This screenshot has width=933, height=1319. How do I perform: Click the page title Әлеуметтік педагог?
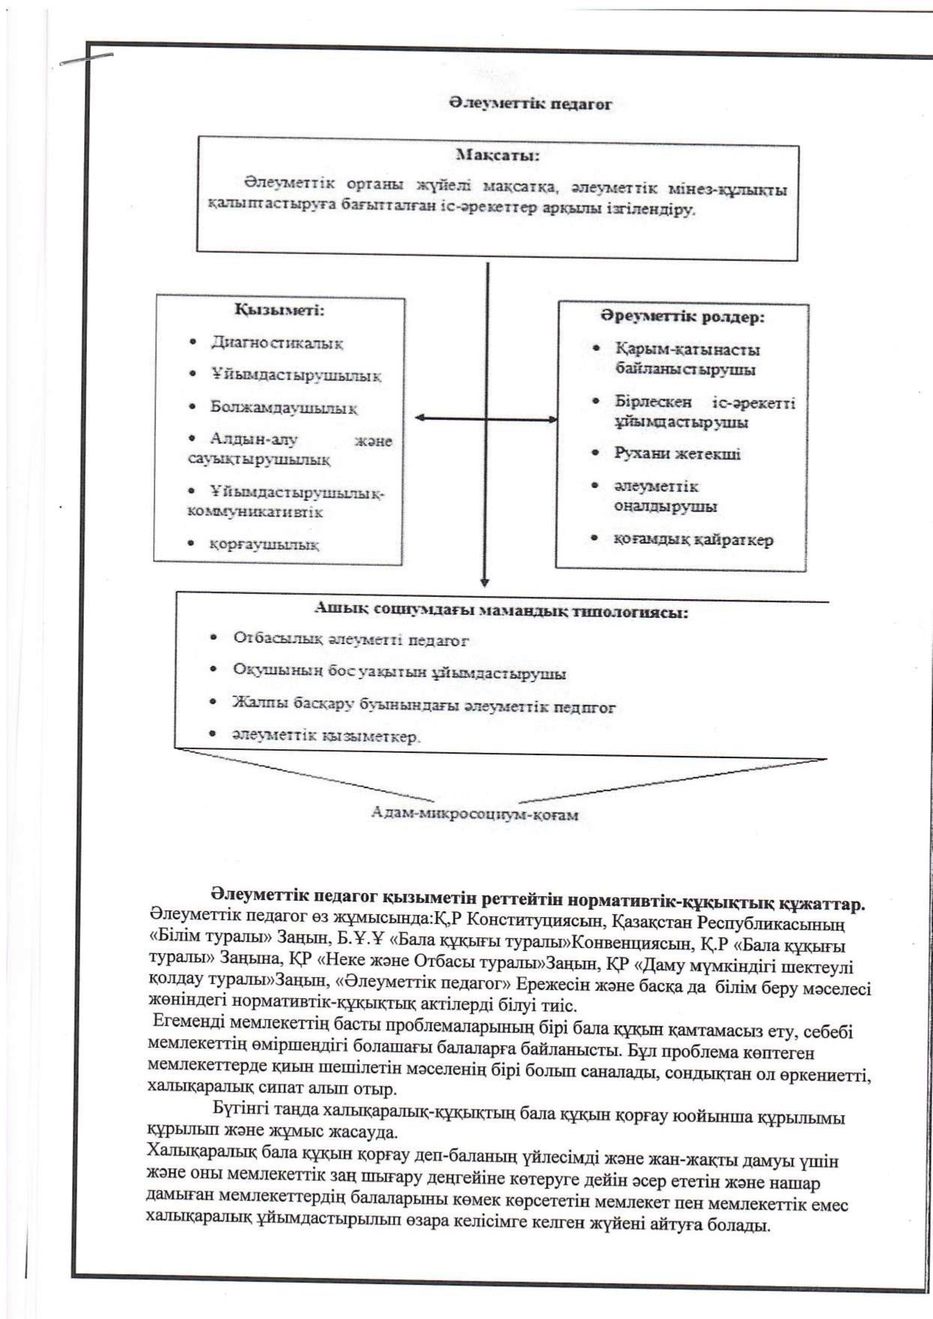point(529,104)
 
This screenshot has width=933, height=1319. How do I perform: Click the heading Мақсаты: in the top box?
point(497,156)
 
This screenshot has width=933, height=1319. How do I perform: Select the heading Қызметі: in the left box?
point(279,309)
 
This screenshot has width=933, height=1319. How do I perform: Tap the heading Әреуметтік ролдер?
point(682,316)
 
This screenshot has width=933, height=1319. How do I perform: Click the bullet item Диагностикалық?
point(277,343)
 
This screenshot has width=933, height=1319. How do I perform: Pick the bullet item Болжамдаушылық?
point(283,408)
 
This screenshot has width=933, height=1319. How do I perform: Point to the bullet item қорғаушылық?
point(264,544)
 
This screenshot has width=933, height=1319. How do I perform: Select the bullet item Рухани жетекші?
point(677,454)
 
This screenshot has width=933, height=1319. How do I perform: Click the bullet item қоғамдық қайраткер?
point(693,539)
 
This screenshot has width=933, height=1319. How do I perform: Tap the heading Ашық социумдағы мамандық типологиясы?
point(501,611)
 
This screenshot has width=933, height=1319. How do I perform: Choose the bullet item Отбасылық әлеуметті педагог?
point(350,640)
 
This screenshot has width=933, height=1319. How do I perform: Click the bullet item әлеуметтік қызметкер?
point(326,736)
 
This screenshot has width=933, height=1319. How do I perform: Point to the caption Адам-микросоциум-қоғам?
point(475,814)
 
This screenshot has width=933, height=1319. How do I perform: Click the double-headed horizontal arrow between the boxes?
point(486,418)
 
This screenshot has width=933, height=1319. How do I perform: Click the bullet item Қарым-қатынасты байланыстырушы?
point(687,359)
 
